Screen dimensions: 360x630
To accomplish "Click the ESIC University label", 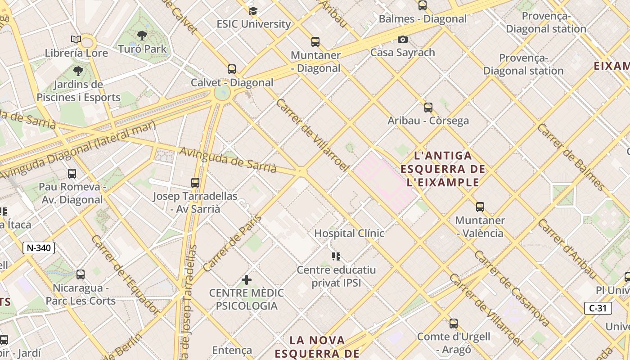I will (253, 24).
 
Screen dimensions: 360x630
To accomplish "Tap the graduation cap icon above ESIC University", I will (253, 11).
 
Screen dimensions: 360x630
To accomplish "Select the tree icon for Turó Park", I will (142, 35).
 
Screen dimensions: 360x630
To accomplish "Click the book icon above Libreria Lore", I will (76, 39).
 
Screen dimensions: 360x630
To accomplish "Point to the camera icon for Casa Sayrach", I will (403, 39).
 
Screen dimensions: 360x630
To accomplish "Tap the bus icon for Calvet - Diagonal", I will (232, 69).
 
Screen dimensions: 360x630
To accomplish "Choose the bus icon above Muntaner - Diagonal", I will (315, 42).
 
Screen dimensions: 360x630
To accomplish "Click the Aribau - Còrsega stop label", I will (428, 121).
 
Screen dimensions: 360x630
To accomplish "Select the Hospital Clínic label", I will (349, 233).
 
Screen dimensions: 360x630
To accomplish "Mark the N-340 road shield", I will (39, 247).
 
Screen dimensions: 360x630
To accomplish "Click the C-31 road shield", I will (598, 308).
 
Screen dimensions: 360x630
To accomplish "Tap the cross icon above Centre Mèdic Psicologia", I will (246, 280).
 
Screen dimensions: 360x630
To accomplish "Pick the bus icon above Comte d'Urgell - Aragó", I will (454, 323).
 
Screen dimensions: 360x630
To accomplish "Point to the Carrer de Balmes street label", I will (571, 156).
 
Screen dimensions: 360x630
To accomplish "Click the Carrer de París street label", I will (232, 243).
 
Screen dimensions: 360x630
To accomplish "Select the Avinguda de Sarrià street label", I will (228, 160).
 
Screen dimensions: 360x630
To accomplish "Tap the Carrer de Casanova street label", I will (511, 288).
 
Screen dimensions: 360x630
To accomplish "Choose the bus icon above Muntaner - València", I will (480, 207).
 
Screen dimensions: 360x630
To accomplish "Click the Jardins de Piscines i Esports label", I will (78, 91).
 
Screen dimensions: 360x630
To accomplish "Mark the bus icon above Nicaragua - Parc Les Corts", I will (81, 274).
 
